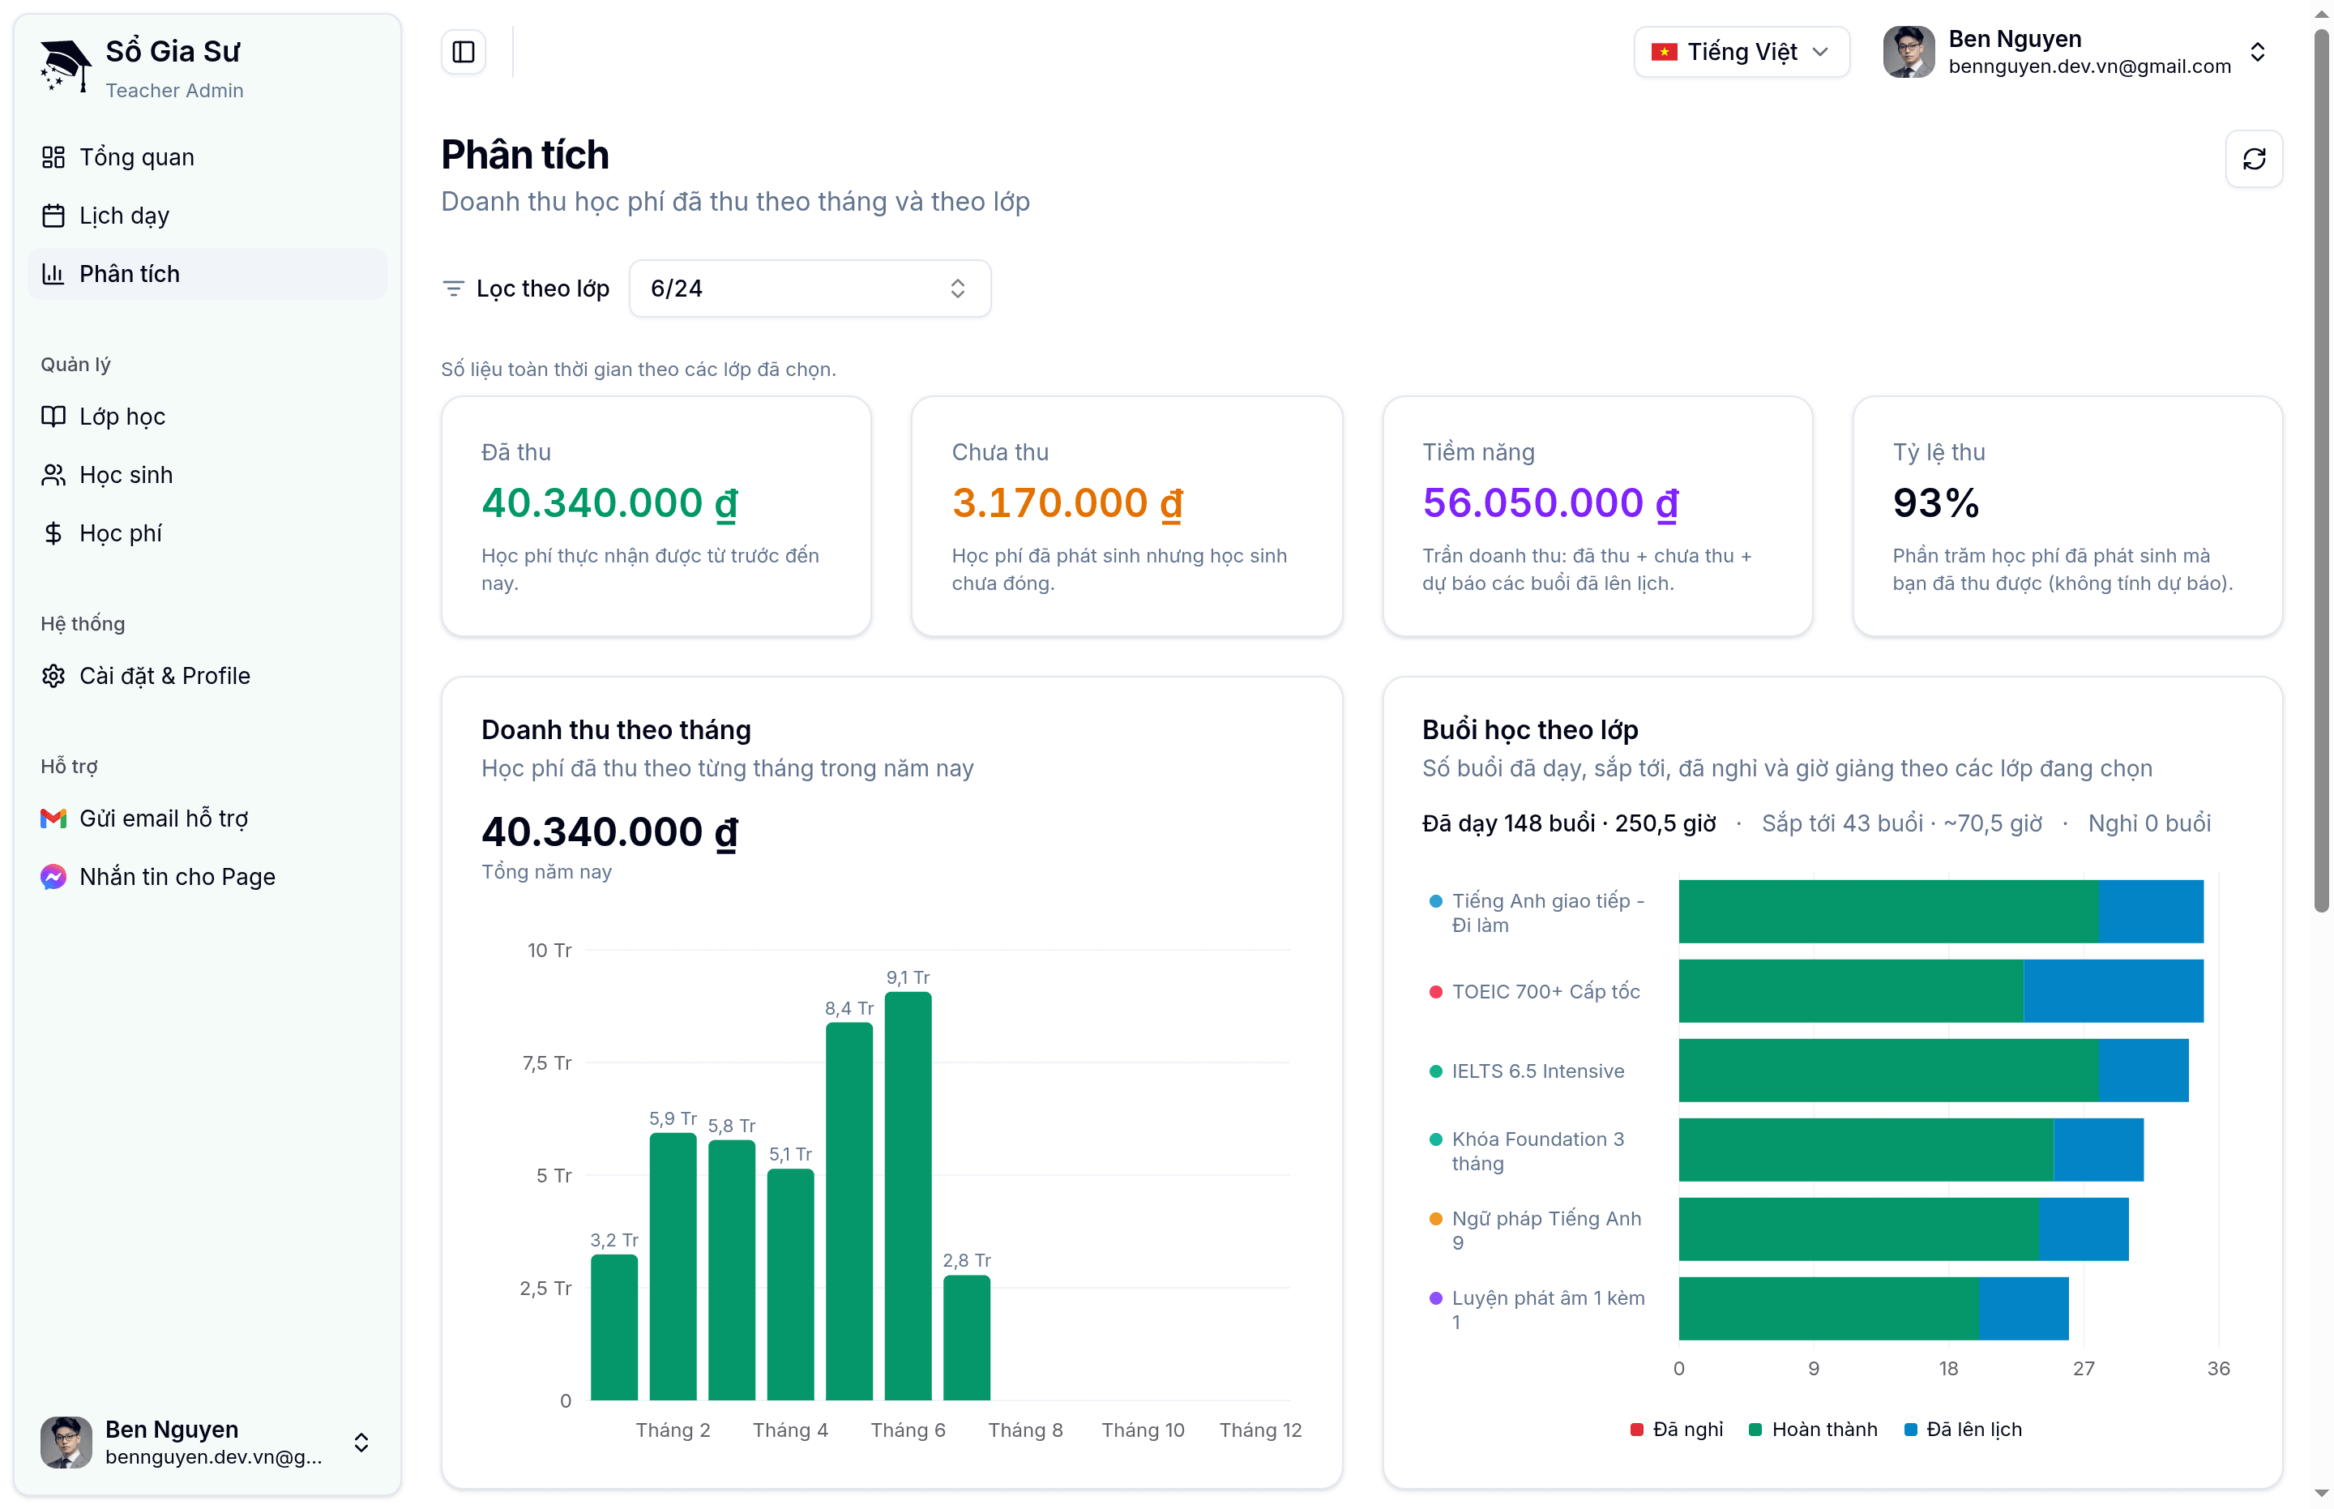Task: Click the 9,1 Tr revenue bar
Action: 908,1195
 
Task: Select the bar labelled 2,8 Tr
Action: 966,1337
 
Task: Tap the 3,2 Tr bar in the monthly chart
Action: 613,1327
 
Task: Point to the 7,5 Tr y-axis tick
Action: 547,1063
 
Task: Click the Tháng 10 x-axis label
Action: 1143,1430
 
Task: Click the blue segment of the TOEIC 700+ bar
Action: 2113,990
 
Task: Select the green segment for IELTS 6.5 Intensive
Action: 1888,1070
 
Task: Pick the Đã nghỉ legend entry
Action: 1677,1430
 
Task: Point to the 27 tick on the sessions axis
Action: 2083,1368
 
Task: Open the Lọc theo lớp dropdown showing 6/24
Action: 810,288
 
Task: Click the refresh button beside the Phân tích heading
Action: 2254,159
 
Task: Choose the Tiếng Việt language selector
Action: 1742,52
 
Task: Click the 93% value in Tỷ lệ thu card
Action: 1935,502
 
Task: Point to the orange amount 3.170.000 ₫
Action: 1067,502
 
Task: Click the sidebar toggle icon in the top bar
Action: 464,52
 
